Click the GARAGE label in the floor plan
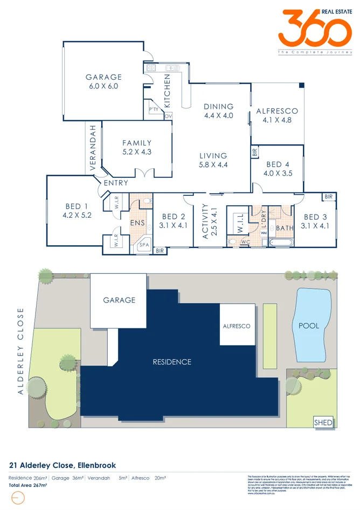point(104,77)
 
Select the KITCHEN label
point(167,92)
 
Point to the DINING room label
point(218,106)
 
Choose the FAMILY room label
point(137,143)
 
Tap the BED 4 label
point(278,164)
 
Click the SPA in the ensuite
point(144,244)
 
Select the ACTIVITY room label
point(204,221)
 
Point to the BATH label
point(284,228)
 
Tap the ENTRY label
point(116,183)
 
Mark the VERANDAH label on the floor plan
point(93,148)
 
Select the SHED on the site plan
point(323,423)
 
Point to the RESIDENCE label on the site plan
point(171,362)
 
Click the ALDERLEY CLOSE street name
point(21,351)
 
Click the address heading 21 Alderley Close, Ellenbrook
point(63,465)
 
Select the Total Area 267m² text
point(28,485)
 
